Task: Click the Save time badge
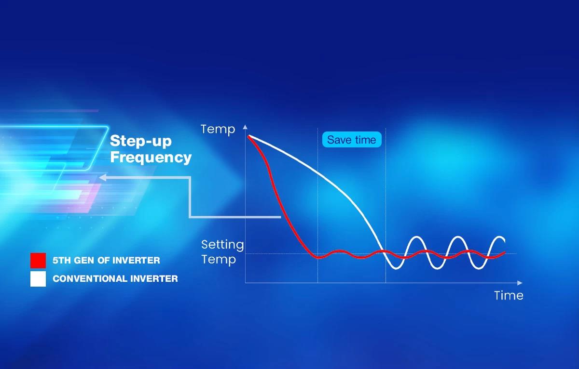click(352, 140)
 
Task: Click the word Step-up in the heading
click(141, 141)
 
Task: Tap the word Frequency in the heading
click(151, 157)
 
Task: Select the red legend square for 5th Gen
click(38, 260)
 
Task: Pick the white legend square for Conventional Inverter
click(38, 279)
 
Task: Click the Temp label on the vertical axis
click(218, 129)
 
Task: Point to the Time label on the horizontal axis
click(509, 295)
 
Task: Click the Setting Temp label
click(222, 252)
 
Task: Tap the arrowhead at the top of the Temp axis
click(245, 127)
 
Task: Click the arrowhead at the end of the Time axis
click(520, 283)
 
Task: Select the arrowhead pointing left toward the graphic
click(102, 177)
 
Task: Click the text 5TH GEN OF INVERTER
click(106, 260)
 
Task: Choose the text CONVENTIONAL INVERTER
click(115, 279)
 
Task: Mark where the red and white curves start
click(248, 136)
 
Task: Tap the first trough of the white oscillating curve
click(396, 269)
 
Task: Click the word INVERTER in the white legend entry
click(154, 279)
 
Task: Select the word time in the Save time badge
click(366, 140)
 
